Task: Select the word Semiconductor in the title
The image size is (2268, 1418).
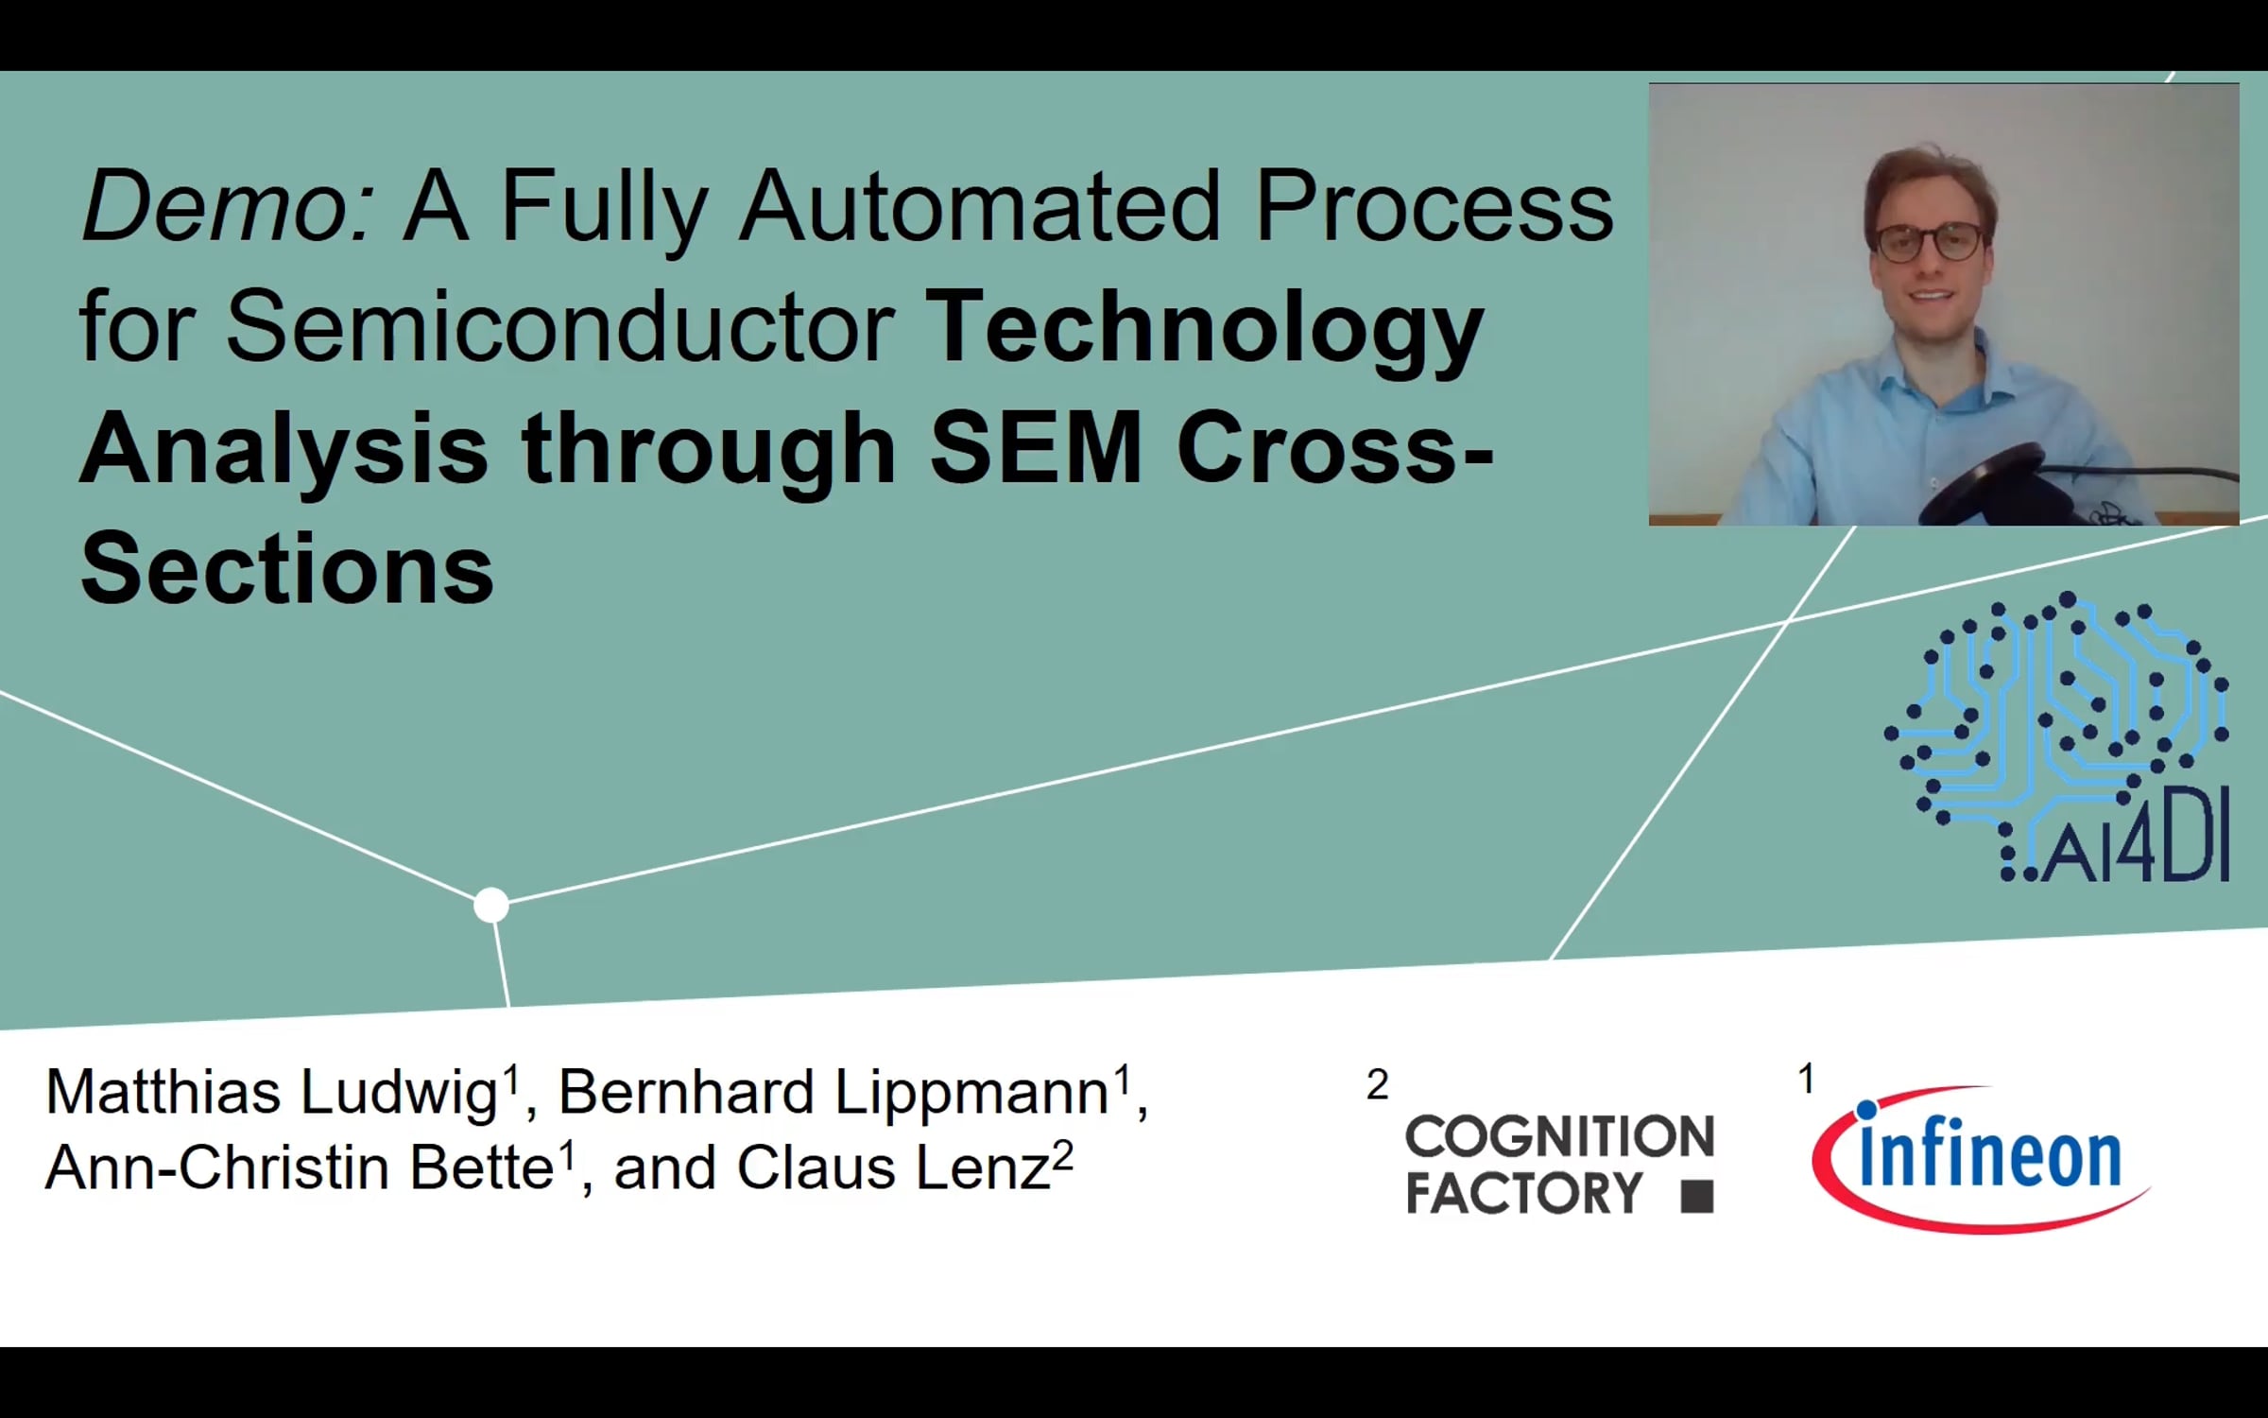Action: coord(560,326)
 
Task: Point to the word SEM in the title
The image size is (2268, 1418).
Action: coord(1036,448)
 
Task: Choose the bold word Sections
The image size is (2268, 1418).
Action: coord(287,569)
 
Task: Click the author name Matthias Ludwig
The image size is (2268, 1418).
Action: coord(272,1094)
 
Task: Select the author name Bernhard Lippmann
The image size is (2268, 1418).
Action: coord(833,1094)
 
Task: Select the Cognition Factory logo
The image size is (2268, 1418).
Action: coord(1559,1164)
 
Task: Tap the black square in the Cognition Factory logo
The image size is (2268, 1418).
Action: coord(1697,1196)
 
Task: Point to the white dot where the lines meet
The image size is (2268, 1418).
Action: coord(491,906)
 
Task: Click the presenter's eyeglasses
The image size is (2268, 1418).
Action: coord(1928,242)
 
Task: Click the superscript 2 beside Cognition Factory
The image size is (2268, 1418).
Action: coord(1378,1085)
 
